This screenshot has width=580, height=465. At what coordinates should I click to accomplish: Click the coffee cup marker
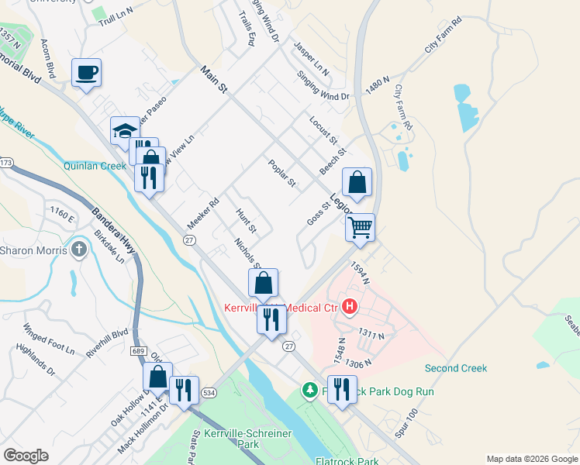(87, 74)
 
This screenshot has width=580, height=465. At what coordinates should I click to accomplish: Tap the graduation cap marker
(124, 132)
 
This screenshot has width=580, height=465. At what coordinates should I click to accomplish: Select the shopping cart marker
(360, 229)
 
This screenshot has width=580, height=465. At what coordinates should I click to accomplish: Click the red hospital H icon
(349, 307)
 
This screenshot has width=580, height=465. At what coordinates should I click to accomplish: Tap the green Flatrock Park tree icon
(310, 390)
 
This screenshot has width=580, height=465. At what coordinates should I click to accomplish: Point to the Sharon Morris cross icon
(78, 250)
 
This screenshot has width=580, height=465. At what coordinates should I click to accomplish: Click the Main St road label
(212, 81)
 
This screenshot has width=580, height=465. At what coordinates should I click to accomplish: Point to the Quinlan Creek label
(95, 166)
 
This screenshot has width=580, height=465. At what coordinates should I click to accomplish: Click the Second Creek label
(456, 368)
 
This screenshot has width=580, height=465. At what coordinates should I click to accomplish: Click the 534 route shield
(209, 393)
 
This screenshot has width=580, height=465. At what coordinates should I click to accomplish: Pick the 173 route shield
(6, 163)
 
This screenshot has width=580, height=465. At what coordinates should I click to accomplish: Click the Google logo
(26, 456)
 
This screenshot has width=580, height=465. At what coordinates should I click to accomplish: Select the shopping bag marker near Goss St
(357, 184)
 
